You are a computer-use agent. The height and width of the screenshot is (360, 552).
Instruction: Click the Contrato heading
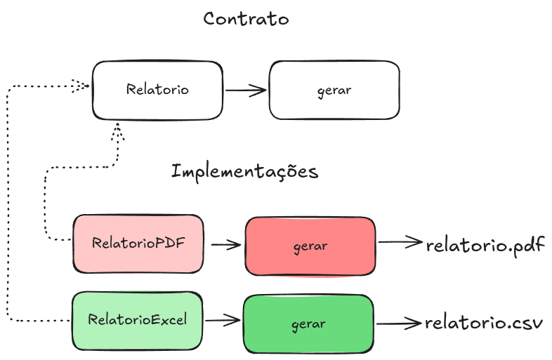246,19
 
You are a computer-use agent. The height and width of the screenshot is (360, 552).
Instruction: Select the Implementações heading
244,171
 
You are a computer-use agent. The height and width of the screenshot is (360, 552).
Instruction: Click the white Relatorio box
158,90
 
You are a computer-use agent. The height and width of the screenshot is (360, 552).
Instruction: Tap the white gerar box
334,90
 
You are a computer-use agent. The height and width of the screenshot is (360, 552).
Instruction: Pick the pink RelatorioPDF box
138,244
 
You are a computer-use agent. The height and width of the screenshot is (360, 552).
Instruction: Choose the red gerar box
310,246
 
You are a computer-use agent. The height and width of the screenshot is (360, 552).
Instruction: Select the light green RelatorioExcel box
137,321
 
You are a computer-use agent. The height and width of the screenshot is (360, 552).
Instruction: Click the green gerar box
308,324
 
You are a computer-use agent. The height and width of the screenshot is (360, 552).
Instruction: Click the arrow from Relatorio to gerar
246,90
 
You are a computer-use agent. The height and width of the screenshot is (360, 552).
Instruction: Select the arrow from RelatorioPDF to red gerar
225,245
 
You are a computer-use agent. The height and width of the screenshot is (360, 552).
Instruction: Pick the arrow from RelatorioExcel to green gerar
223,321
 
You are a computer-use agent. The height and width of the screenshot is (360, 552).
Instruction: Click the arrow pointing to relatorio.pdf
400,242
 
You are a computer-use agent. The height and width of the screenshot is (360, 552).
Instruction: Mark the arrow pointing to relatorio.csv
398,324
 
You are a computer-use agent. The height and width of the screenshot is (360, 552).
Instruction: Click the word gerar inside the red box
310,246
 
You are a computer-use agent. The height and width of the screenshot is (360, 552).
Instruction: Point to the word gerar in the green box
308,324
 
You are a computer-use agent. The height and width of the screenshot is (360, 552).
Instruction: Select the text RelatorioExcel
137,320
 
